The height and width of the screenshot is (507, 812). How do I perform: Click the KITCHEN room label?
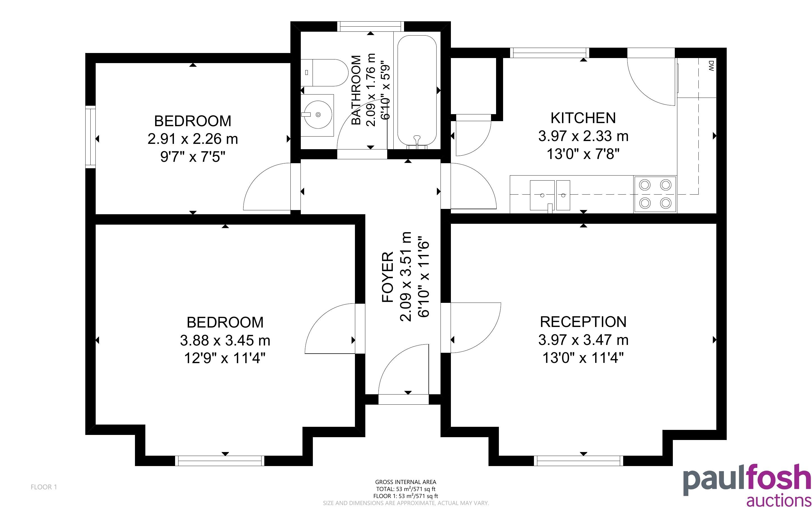(583, 118)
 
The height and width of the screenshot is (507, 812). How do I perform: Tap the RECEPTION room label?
(583, 322)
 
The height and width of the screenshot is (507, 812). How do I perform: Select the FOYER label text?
(388, 277)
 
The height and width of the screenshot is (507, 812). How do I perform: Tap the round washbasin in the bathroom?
(317, 115)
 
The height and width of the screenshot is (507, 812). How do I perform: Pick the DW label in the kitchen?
(711, 66)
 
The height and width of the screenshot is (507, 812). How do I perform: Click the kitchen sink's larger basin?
(542, 195)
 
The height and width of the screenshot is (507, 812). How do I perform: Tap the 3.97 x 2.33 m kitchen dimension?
(583, 136)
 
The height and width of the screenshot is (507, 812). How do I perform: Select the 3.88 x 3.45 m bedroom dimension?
(225, 341)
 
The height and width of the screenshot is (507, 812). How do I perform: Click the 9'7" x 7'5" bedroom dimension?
(192, 156)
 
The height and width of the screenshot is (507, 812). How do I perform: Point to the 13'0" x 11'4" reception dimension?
(583, 358)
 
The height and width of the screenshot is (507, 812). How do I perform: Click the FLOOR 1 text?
(44, 487)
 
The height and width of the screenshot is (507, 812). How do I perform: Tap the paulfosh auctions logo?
(747, 485)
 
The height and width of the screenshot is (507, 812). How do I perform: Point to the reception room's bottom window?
(579, 461)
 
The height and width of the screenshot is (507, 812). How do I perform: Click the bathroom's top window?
(370, 26)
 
